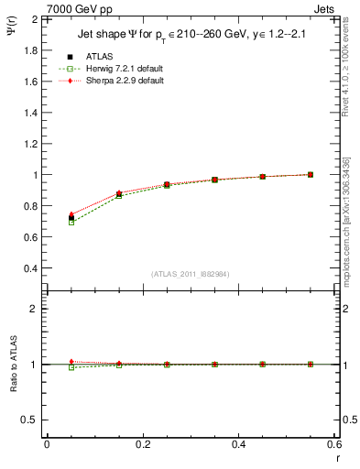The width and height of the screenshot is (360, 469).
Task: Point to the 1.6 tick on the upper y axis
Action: (28, 82)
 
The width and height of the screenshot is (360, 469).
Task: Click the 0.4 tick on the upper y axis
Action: (28, 268)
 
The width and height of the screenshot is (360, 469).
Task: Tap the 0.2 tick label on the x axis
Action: (142, 445)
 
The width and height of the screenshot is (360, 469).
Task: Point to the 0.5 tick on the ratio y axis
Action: (28, 420)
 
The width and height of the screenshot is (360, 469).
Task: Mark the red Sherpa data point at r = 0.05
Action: (71, 214)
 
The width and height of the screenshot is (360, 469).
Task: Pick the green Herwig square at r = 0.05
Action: (71, 223)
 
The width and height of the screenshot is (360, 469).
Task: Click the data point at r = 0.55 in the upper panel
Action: (311, 174)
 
